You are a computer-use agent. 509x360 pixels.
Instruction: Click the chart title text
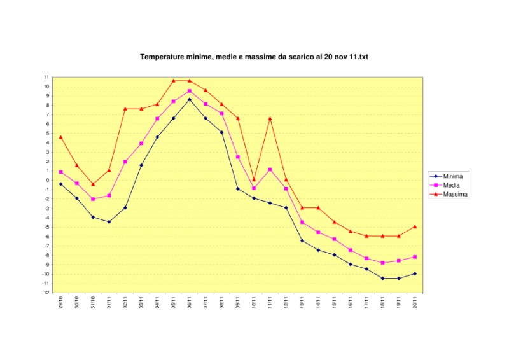point(254,57)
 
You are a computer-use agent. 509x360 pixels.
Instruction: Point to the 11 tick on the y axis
point(46,77)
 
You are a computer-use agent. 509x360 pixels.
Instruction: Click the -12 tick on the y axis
point(46,293)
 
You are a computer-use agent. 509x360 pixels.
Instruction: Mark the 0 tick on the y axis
point(48,180)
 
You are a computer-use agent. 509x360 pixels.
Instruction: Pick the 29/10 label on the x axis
point(60,302)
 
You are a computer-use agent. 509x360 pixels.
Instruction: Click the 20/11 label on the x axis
point(415,302)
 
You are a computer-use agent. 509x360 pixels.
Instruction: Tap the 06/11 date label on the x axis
point(190,302)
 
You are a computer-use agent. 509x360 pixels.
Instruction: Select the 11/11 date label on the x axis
point(270,302)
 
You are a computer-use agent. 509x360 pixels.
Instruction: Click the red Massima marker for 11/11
point(270,118)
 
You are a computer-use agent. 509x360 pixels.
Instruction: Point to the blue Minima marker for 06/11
point(190,99)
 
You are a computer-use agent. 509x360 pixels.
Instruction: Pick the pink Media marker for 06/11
point(190,91)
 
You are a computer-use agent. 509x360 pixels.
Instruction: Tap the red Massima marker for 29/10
point(60,137)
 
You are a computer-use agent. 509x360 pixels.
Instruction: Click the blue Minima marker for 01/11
point(109,222)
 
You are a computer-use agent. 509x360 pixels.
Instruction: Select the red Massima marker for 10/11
point(254,179)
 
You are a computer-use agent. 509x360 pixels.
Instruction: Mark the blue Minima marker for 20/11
point(415,273)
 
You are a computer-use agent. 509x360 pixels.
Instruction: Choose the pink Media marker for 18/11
point(383,263)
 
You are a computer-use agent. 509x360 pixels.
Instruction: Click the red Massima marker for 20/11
point(415,226)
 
